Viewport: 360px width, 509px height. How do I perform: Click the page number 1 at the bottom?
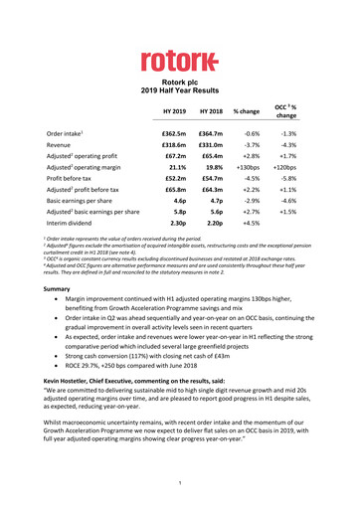pyautogui.click(x=180, y=483)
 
